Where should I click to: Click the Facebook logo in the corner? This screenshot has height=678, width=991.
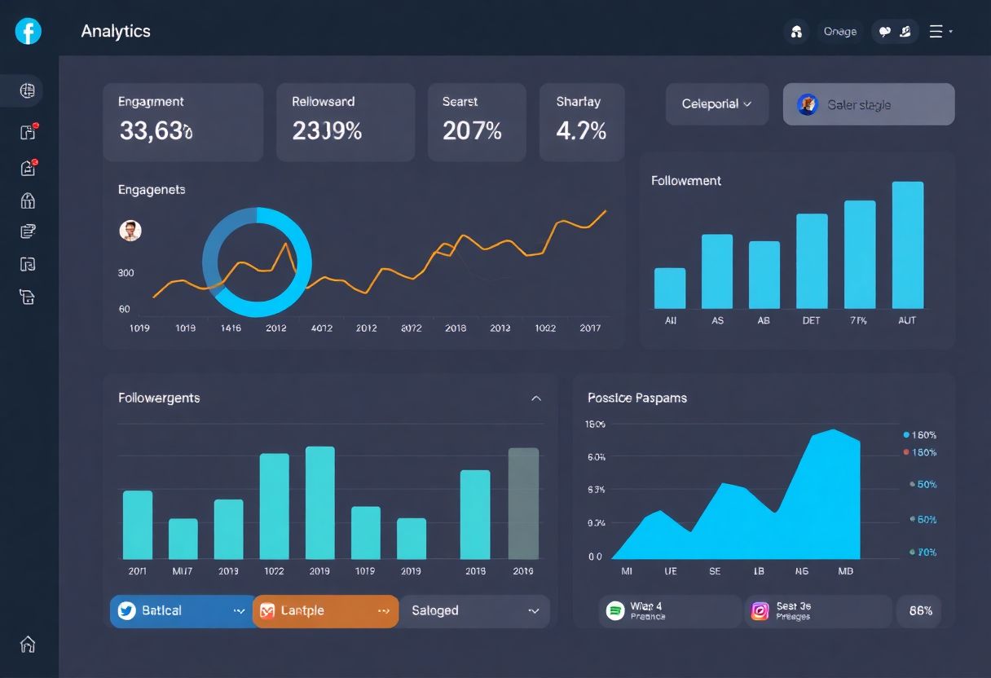point(28,31)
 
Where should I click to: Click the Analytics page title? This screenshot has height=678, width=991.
point(116,31)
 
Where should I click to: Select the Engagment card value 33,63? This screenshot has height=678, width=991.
point(156,130)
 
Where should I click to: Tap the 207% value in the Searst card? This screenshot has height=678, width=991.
point(472,130)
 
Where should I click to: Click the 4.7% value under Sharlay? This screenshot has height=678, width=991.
point(581,130)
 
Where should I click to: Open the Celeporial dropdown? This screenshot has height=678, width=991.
point(716,104)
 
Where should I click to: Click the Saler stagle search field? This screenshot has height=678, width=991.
point(869,104)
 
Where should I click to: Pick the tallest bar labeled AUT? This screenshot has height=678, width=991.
point(908,244)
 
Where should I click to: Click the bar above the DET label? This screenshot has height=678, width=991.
point(812,261)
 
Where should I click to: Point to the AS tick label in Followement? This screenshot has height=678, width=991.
point(717,321)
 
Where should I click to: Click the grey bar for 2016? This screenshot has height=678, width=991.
point(523,503)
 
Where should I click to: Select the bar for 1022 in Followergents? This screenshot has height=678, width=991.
point(275,505)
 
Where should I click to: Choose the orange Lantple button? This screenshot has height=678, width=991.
point(325,611)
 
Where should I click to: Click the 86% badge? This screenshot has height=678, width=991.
point(920,611)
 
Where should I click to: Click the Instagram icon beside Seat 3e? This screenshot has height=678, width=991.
point(760,611)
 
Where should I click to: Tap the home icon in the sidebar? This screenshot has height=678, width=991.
point(28,644)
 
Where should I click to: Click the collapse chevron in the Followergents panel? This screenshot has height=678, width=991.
point(536,398)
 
